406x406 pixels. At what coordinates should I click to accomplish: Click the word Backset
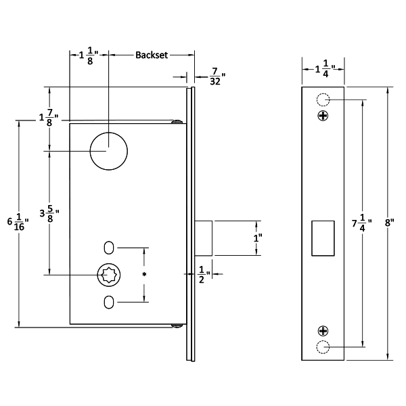pyautogui.click(x=152, y=54)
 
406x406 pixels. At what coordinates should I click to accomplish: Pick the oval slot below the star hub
pyautogui.click(x=109, y=302)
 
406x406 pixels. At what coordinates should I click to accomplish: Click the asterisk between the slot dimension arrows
pyautogui.click(x=145, y=275)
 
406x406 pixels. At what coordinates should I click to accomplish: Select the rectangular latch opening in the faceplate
pyautogui.click(x=323, y=238)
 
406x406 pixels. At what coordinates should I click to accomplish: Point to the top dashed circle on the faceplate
pyautogui.click(x=323, y=100)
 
